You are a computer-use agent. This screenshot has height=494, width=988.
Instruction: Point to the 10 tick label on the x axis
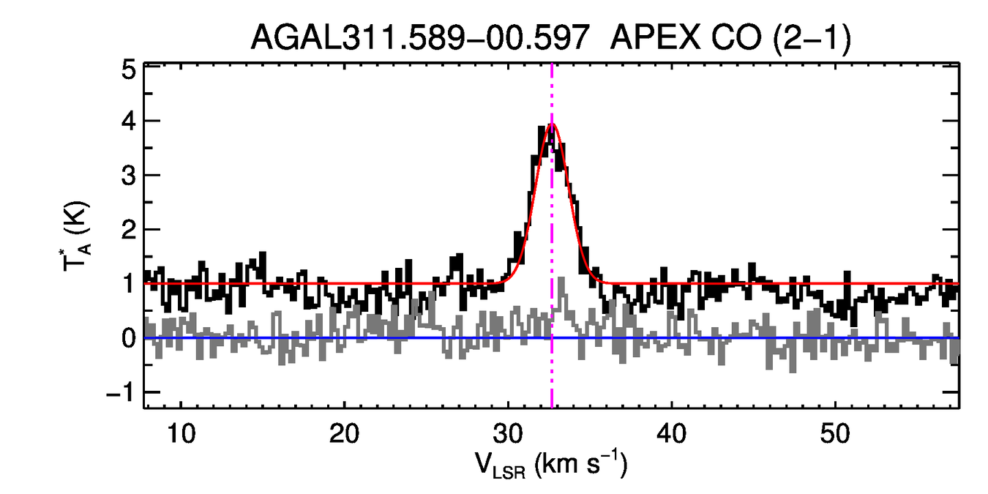tap(181, 433)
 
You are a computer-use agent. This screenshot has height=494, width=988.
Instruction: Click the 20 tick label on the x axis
tap(344, 433)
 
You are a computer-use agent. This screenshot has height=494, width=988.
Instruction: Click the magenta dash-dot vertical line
tap(552, 366)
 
